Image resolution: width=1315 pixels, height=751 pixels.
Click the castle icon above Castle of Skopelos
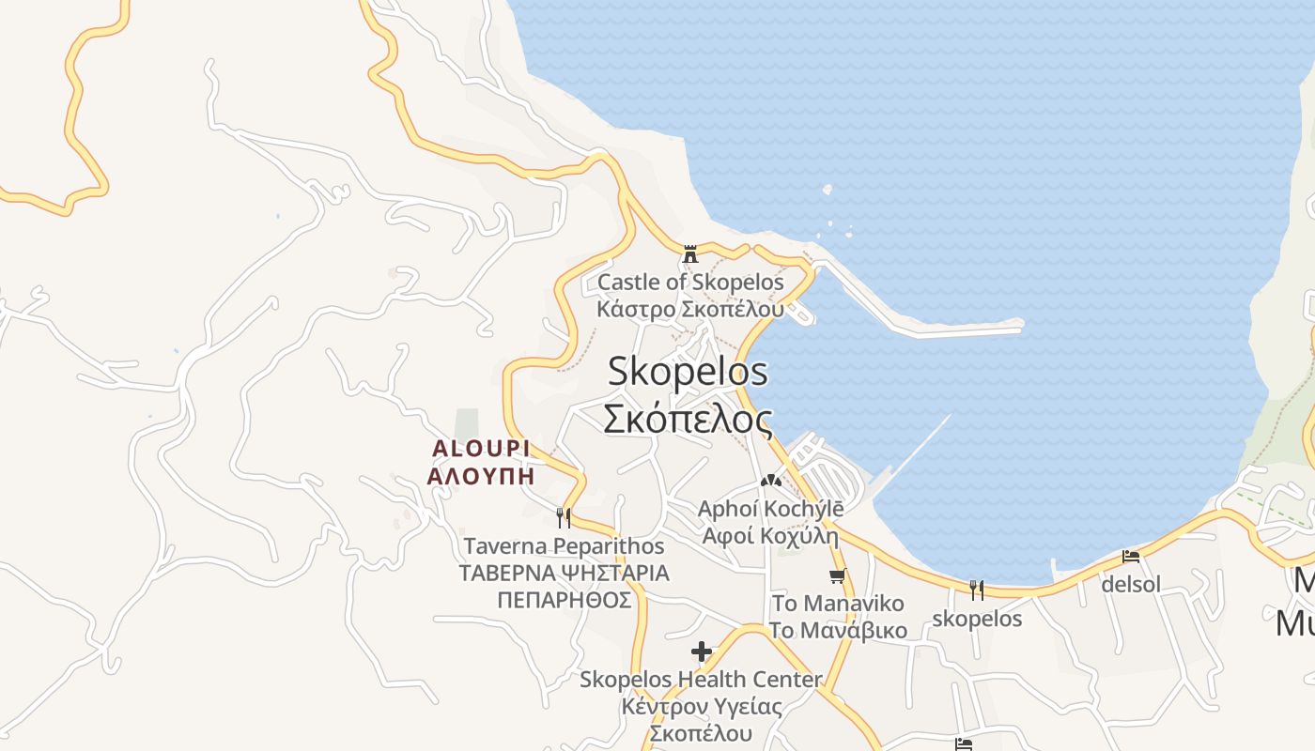click(690, 253)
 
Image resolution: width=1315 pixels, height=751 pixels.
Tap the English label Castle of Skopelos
click(690, 282)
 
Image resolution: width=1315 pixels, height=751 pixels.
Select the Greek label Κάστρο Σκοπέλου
click(690, 308)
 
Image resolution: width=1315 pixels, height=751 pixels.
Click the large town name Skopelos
click(688, 372)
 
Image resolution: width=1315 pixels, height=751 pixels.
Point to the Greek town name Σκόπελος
click(688, 419)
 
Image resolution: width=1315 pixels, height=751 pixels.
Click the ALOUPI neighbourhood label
click(481, 449)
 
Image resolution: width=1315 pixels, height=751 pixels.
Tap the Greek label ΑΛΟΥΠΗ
click(481, 476)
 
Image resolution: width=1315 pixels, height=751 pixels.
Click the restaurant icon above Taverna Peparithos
click(564, 516)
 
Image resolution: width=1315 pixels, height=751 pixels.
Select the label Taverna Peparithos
click(564, 546)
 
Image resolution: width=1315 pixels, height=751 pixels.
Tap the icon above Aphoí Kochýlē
click(771, 481)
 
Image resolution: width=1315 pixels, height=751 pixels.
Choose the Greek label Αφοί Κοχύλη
click(770, 536)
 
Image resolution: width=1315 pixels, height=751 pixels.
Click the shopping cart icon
click(837, 575)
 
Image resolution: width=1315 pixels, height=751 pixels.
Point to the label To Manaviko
click(838, 603)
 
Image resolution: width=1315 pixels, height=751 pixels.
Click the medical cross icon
click(701, 651)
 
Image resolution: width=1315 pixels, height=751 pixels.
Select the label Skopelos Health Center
click(701, 679)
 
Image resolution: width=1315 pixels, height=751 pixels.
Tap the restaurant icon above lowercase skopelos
click(977, 590)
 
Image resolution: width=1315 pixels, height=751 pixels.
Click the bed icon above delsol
click(1131, 556)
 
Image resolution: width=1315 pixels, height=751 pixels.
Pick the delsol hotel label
click(1131, 585)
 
